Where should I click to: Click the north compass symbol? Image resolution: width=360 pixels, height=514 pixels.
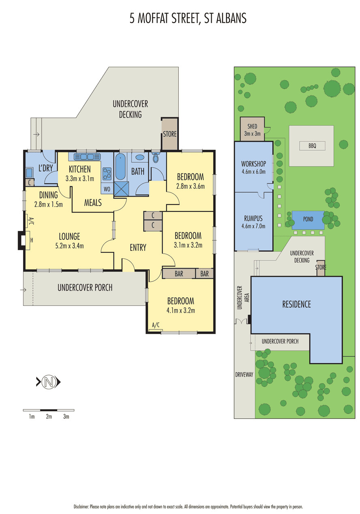(49, 382)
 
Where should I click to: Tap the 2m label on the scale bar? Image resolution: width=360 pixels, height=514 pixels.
(49, 416)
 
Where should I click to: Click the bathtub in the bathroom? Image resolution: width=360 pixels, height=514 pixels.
(120, 166)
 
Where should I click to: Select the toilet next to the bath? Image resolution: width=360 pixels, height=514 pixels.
(156, 157)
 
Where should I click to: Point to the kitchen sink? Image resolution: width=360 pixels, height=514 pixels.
(87, 157)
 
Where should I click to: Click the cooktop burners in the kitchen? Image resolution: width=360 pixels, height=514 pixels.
(107, 174)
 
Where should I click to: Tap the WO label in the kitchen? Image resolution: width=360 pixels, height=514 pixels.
(107, 189)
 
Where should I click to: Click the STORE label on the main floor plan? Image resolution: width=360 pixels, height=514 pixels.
(169, 134)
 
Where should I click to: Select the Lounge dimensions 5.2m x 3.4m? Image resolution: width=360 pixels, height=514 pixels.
(69, 246)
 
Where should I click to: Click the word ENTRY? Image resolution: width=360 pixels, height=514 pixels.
(138, 247)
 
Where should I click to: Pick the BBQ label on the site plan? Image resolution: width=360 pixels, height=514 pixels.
(312, 146)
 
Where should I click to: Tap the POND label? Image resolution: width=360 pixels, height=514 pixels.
(308, 219)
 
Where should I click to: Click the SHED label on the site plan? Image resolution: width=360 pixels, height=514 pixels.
(252, 126)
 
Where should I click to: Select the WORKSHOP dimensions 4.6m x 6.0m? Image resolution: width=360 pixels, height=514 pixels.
(253, 172)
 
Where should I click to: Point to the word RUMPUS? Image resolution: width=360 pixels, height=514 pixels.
(253, 218)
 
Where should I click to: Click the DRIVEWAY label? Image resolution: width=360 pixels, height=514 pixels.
(244, 375)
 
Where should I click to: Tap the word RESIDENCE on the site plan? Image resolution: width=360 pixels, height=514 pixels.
(296, 304)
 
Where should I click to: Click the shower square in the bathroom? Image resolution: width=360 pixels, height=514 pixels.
(121, 189)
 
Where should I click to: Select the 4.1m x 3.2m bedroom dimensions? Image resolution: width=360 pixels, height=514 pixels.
(180, 310)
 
